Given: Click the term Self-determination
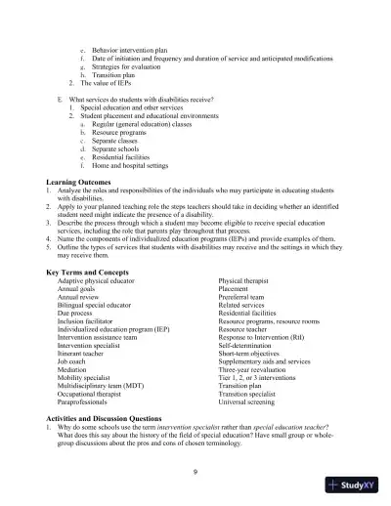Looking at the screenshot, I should click(x=249, y=348).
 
